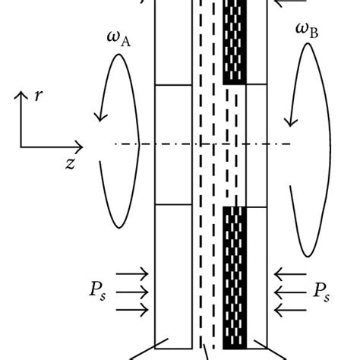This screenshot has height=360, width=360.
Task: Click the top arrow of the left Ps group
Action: [134, 271]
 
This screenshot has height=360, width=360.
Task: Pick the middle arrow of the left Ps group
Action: [134, 289]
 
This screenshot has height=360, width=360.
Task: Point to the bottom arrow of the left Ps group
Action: [134, 308]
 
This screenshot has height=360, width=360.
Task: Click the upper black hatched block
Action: [235, 42]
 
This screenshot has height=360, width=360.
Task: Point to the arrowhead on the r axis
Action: [21, 94]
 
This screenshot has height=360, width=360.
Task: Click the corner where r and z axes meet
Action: [21, 145]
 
